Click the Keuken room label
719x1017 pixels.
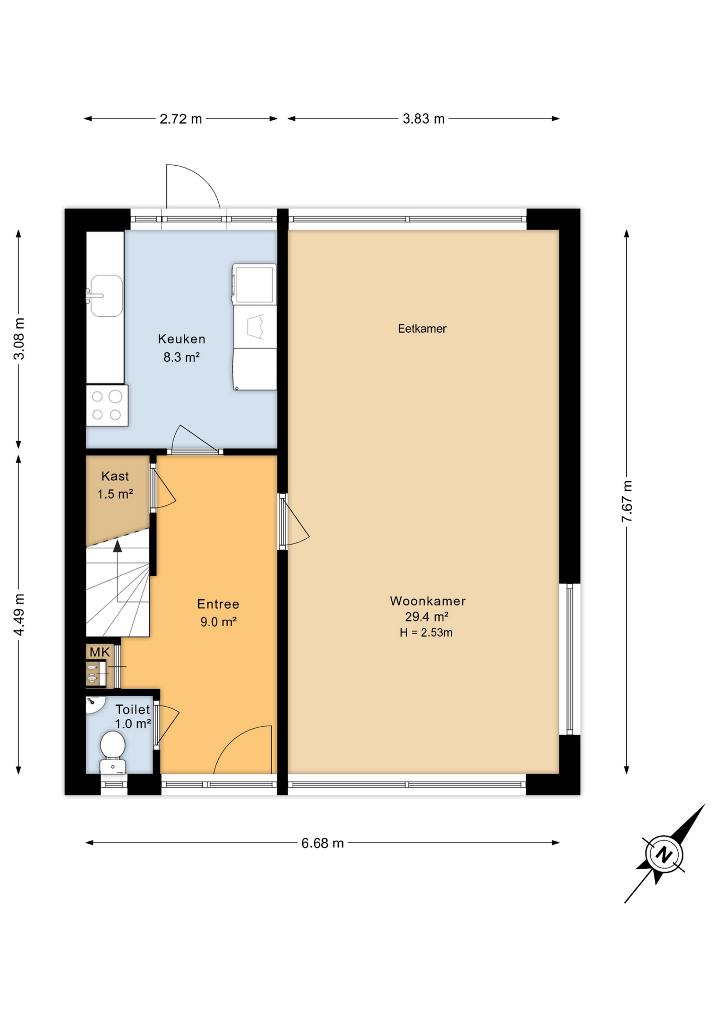coord(181,339)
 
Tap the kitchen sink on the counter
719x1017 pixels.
coord(106,296)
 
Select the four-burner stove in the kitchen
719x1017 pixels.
coord(107,406)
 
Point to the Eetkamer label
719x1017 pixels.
coord(422,329)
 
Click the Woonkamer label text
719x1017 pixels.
coord(427,601)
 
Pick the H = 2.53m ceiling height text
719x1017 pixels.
coord(426,632)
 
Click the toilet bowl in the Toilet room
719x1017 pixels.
coord(113,746)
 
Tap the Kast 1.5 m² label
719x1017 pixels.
coord(115,485)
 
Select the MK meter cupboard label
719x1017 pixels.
coord(100,652)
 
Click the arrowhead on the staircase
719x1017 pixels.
coord(118,546)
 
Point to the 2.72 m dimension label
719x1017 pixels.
coord(181,119)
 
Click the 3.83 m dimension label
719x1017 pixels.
coord(424,119)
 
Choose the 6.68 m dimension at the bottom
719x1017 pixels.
coord(322,843)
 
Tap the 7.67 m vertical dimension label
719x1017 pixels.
coord(627,501)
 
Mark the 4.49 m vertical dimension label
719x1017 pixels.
coord(19,614)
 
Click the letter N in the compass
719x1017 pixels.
coord(663,854)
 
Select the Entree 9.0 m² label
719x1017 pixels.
coord(218,612)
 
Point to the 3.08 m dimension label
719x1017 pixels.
coord(19,339)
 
